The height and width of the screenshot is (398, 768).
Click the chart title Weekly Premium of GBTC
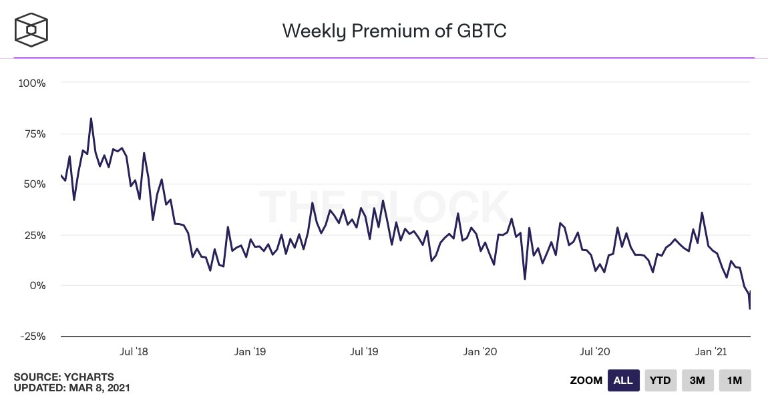pyautogui.click(x=394, y=31)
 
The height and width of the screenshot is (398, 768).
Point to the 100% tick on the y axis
pyautogui.click(x=32, y=83)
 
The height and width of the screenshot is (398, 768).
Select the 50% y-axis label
pyautogui.click(x=33, y=184)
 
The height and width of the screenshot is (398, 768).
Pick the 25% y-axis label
pyautogui.click(x=33, y=235)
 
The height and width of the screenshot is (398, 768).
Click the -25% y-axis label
pyautogui.click(x=31, y=336)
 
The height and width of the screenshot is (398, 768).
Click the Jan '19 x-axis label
pyautogui.click(x=252, y=351)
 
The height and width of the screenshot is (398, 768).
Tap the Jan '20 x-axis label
pyautogui.click(x=480, y=351)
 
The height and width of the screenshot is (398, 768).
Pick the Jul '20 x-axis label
pyautogui.click(x=594, y=351)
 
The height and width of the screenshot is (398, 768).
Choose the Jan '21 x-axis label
pyautogui.click(x=711, y=351)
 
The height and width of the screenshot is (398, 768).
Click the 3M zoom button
pyautogui.click(x=697, y=381)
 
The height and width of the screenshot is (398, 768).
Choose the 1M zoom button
pyautogui.click(x=735, y=381)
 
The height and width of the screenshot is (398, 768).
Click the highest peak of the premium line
pyautogui.click(x=91, y=119)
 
